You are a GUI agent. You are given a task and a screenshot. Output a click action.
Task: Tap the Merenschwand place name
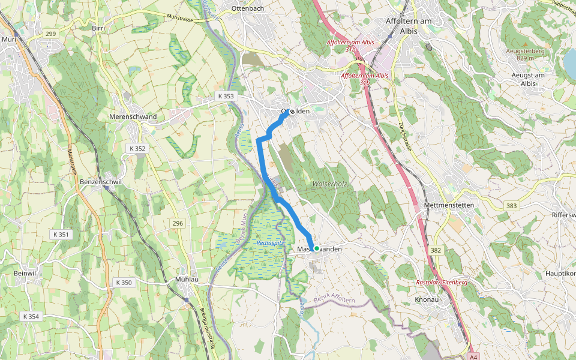pyautogui.click(x=133, y=116)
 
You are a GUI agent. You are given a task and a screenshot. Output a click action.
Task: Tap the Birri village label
pyautogui.click(x=98, y=28)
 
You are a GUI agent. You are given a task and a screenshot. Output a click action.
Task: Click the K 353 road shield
pyautogui.click(x=226, y=97)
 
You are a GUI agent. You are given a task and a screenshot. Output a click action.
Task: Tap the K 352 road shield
pyautogui.click(x=137, y=148)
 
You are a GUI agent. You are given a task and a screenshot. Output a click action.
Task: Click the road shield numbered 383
pyautogui.click(x=511, y=206)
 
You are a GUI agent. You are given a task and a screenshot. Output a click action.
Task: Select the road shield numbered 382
pyautogui.click(x=436, y=250)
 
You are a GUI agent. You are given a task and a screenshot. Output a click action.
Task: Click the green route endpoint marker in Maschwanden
pyautogui.click(x=316, y=248)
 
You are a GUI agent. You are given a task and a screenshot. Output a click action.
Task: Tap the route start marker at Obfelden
pyautogui.click(x=292, y=112)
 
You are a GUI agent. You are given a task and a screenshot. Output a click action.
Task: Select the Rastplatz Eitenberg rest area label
pyautogui.click(x=442, y=282)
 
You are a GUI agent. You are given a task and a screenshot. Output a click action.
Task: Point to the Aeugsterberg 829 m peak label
pyautogui.click(x=524, y=54)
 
